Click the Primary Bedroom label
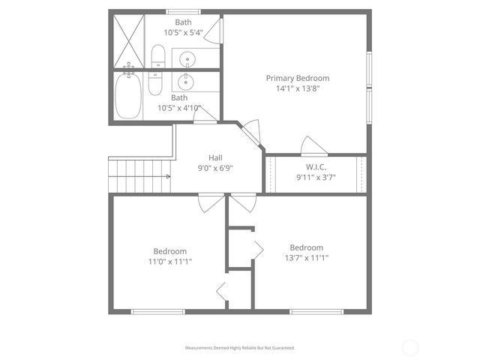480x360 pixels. click(298, 78)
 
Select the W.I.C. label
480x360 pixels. click(315, 167)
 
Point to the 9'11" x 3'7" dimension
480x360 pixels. click(315, 178)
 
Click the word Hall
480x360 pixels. click(215, 157)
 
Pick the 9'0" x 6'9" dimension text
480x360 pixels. click(215, 168)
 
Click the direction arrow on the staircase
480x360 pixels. click(166, 176)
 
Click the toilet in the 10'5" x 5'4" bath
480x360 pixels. click(157, 57)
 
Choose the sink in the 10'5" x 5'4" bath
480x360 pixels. click(187, 58)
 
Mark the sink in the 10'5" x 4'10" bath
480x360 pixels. click(187, 81)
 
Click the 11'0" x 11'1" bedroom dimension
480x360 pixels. click(170, 262)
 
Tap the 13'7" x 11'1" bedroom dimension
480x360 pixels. click(306, 258)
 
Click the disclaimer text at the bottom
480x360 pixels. click(240, 348)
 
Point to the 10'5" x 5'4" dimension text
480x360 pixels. click(183, 33)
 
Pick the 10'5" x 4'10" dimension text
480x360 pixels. click(179, 108)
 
